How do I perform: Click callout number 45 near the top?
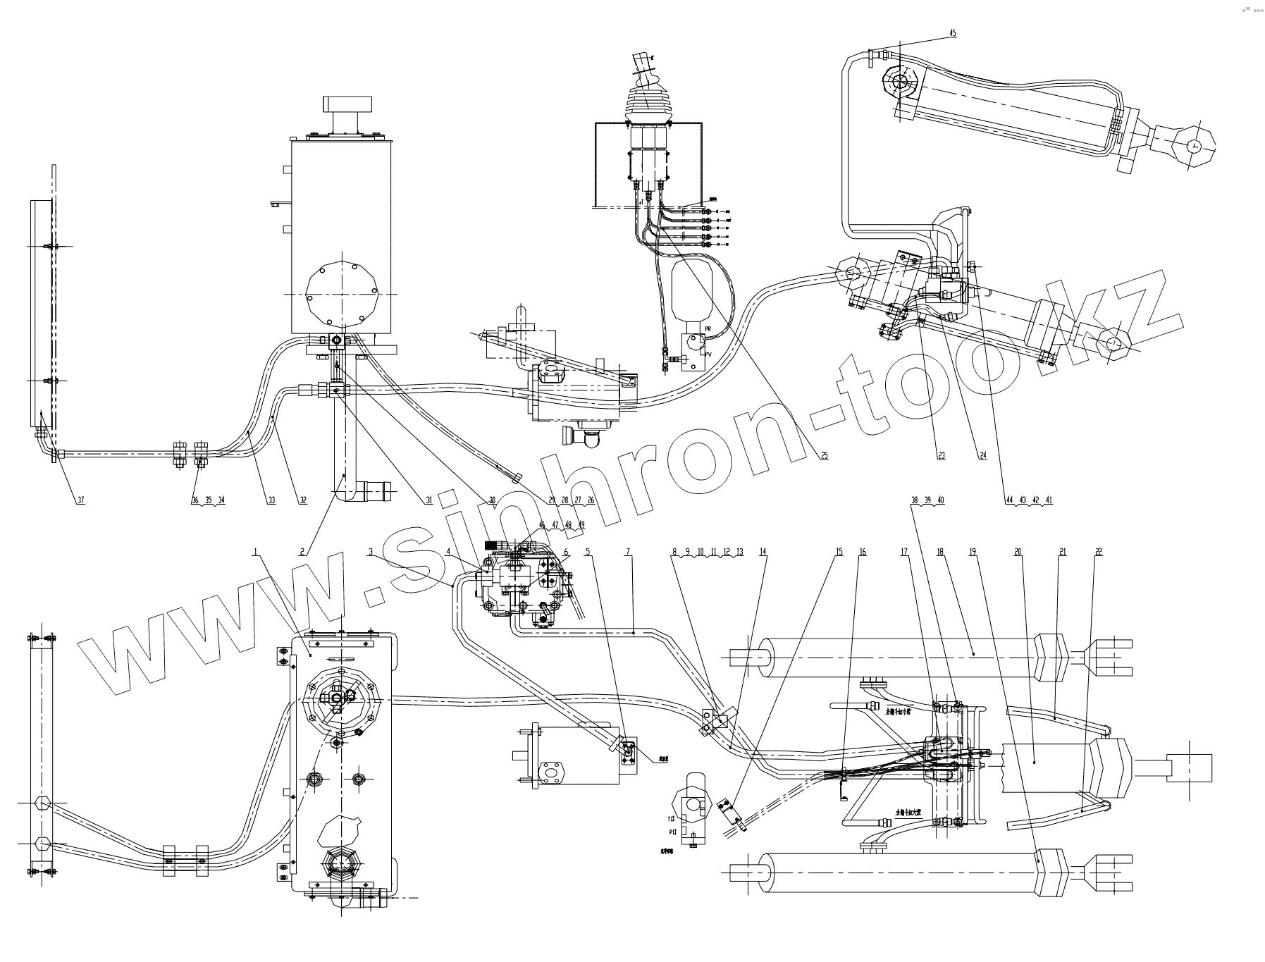(x=953, y=33)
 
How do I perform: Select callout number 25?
(x=824, y=456)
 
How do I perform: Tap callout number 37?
(x=80, y=500)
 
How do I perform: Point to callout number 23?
(x=941, y=456)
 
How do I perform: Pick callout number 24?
(x=982, y=456)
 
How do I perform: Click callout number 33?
(x=271, y=500)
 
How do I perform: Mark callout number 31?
(x=428, y=500)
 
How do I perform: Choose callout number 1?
(x=259, y=553)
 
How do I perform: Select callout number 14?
(x=763, y=553)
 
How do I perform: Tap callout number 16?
(x=862, y=553)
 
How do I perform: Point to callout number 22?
(x=1099, y=553)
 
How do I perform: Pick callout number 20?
(x=1018, y=553)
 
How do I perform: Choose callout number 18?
(x=940, y=553)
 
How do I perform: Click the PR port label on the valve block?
(x=707, y=330)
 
